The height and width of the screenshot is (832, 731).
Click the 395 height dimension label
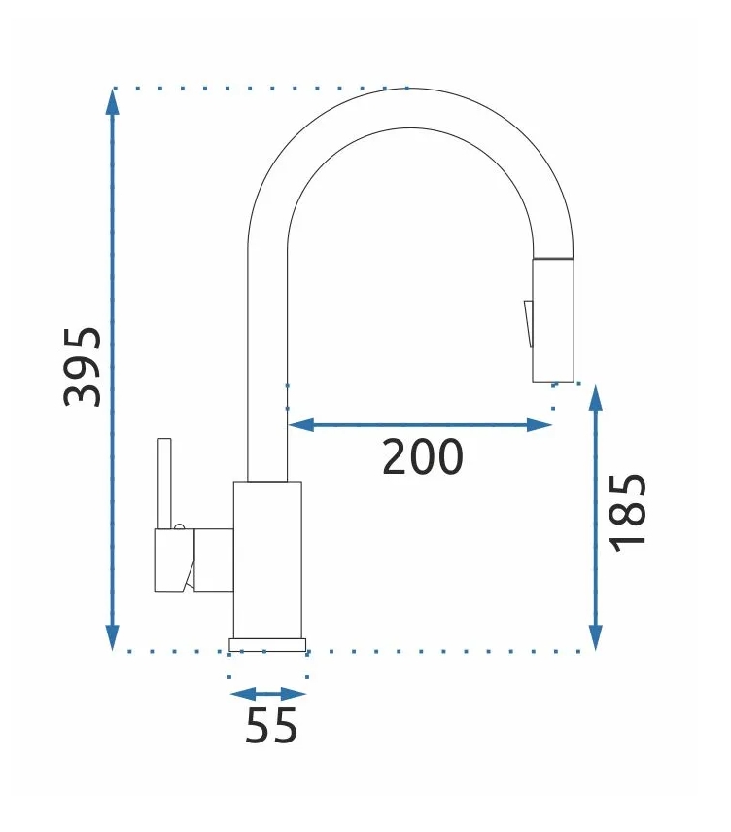click(83, 367)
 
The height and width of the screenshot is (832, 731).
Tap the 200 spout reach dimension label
click(423, 456)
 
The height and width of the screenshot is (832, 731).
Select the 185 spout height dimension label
click(628, 513)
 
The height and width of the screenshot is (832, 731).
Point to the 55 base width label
click(271, 725)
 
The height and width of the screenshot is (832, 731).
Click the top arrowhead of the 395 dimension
click(112, 102)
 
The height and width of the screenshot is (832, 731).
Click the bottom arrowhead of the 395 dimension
click(112, 636)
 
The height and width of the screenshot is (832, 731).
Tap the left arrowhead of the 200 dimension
click(300, 425)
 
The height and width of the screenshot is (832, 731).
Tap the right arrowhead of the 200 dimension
click(540, 425)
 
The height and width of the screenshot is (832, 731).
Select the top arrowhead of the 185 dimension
click(596, 398)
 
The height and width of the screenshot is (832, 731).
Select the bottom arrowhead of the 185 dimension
click(596, 637)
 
